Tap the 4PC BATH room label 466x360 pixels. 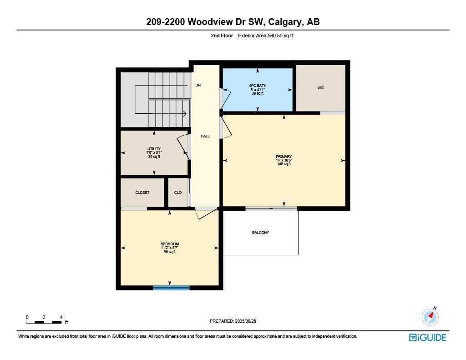[x=258, y=85]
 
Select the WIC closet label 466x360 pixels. [x=321, y=88]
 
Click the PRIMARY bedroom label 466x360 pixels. [x=284, y=157]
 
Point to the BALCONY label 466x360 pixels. [x=260, y=233]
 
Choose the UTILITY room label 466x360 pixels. [x=154, y=149]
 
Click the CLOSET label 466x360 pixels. [x=142, y=193]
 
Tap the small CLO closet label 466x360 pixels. [x=178, y=193]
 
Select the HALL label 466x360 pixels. [x=205, y=136]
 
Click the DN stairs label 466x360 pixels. [x=198, y=85]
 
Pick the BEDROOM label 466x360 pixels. [x=169, y=244]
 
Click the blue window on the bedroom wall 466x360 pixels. [x=171, y=288]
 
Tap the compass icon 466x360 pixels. [x=430, y=317]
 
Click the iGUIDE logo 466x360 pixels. [x=427, y=337]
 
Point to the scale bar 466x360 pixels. [x=44, y=322]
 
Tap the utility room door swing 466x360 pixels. [x=182, y=147]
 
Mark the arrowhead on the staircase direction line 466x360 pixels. [x=185, y=114]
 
